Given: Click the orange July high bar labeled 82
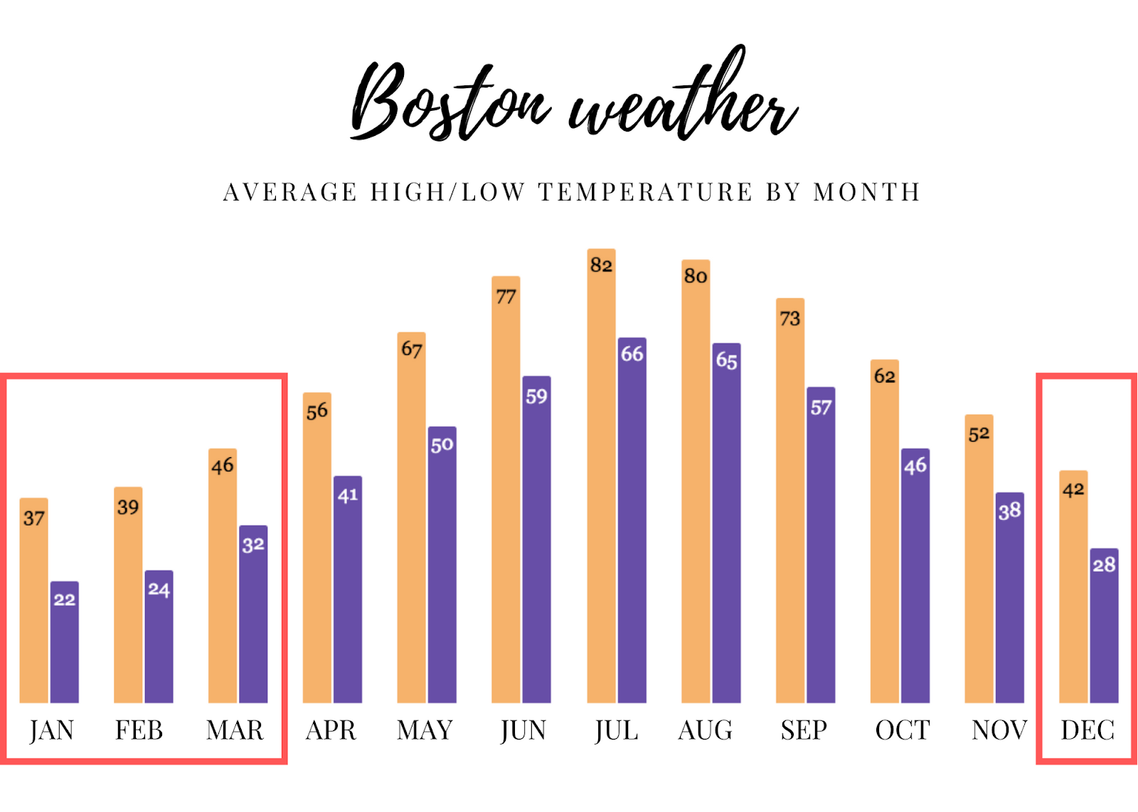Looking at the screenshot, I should pyautogui.click(x=601, y=476).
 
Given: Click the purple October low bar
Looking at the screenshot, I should pyautogui.click(x=915, y=576).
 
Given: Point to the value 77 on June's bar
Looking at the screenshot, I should pyautogui.click(x=506, y=297).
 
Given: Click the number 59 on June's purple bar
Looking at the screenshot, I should pyautogui.click(x=536, y=397).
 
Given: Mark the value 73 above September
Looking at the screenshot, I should pyautogui.click(x=789, y=319).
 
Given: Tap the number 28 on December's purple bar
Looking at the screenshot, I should pyautogui.click(x=1104, y=565).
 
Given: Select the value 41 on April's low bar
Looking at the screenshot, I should pyautogui.click(x=347, y=496).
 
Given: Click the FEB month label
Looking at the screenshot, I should pyautogui.click(x=139, y=730).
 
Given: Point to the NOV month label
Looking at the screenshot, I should pyautogui.click(x=999, y=730).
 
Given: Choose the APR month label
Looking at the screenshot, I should pyautogui.click(x=331, y=730).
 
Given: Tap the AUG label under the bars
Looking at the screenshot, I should pyautogui.click(x=705, y=730).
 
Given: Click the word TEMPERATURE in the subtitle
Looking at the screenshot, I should pyautogui.click(x=644, y=193).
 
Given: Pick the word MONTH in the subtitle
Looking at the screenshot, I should pyautogui.click(x=867, y=193).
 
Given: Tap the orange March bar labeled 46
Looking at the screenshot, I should pyautogui.click(x=223, y=576).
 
